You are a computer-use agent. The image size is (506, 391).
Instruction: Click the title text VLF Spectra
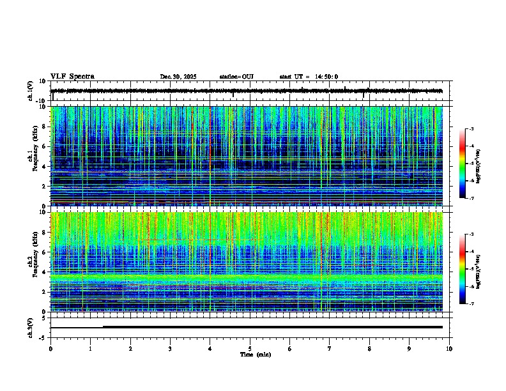pyautogui.click(x=72, y=77)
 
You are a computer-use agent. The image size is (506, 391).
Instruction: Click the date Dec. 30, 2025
pyautogui.click(x=178, y=77)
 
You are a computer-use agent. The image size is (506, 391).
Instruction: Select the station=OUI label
pyautogui.click(x=236, y=77)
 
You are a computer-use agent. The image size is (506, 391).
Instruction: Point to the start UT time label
pyautogui.click(x=309, y=77)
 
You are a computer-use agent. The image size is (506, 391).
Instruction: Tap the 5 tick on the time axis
pyautogui.click(x=250, y=348)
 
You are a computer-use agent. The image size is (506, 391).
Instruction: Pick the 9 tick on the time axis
pyautogui.click(x=410, y=348)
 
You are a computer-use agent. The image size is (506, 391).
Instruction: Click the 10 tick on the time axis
pyautogui.click(x=449, y=348)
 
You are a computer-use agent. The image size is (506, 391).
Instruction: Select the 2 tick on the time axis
pyautogui.click(x=130, y=348)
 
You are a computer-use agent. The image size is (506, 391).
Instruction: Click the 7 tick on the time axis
pyautogui.click(x=330, y=348)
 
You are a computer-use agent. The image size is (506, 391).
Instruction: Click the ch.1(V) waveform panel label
pyautogui.click(x=31, y=91)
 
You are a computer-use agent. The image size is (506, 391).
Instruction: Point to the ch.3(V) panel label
pyautogui.click(x=31, y=326)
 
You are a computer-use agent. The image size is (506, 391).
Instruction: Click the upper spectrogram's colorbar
pyautogui.click(x=463, y=164)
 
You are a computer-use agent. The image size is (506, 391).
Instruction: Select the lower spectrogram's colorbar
pyautogui.click(x=463, y=269)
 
